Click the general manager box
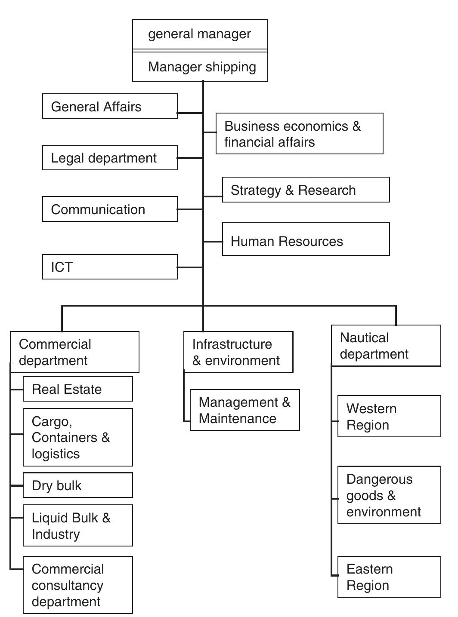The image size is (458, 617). [200, 34]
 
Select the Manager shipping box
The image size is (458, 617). [200, 67]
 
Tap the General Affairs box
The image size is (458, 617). [110, 107]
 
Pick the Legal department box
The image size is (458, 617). [110, 158]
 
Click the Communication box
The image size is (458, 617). [110, 209]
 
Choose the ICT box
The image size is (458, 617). [110, 267]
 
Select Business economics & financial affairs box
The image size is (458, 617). [299, 134]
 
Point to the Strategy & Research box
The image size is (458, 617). [306, 190]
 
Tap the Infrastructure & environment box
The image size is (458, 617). [238, 352]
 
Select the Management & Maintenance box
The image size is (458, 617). [244, 410]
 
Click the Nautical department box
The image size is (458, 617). [386, 346]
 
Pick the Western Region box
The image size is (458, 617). [389, 417]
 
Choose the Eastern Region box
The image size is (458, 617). [389, 577]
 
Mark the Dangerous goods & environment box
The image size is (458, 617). [389, 495]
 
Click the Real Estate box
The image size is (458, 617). [77, 389]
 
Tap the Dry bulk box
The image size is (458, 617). [77, 485]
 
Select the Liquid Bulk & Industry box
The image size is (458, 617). [77, 526]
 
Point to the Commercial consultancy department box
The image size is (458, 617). [77, 585]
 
